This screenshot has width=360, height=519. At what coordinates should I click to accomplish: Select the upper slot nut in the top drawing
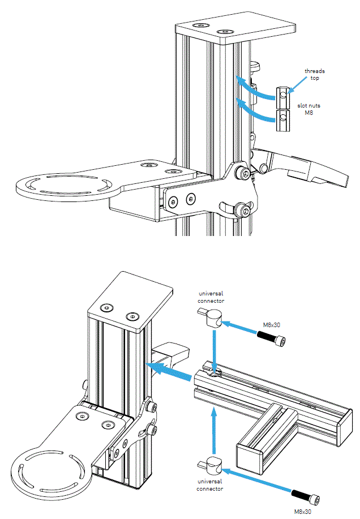tap(282, 97)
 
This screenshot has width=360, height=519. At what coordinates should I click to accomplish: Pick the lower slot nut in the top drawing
tap(282, 121)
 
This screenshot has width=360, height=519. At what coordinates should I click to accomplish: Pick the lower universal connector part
tap(213, 466)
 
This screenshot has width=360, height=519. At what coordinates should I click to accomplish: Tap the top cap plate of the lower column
tap(130, 303)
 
